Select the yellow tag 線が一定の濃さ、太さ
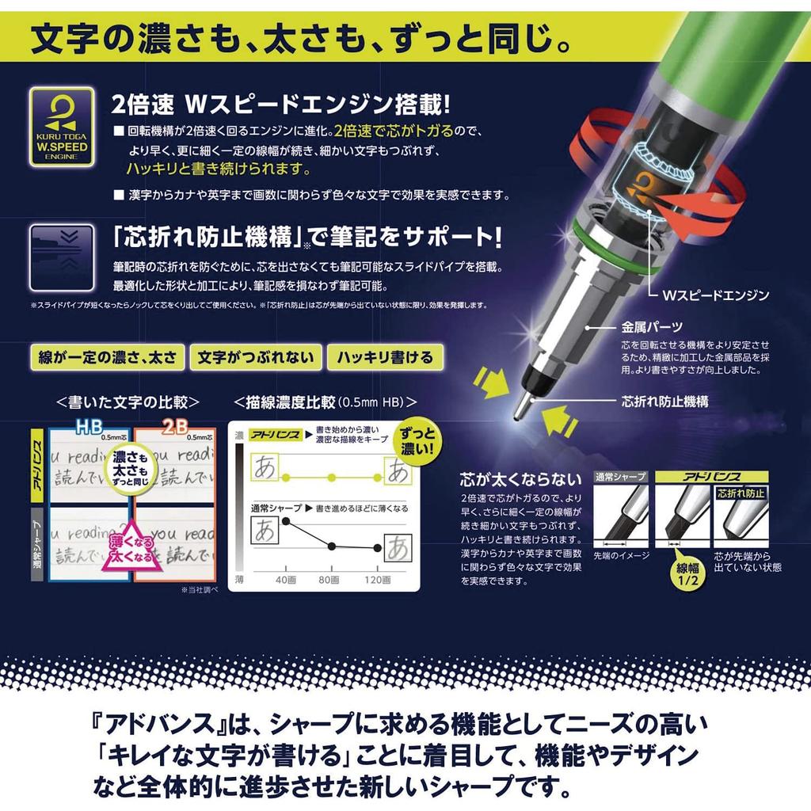coord(106,356)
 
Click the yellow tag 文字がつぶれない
coord(257,356)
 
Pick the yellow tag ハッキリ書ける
coord(385,356)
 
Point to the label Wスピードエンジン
coord(715,295)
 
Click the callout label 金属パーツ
coord(653,326)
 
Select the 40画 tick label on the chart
coord(285,580)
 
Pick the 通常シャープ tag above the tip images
coord(620,477)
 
